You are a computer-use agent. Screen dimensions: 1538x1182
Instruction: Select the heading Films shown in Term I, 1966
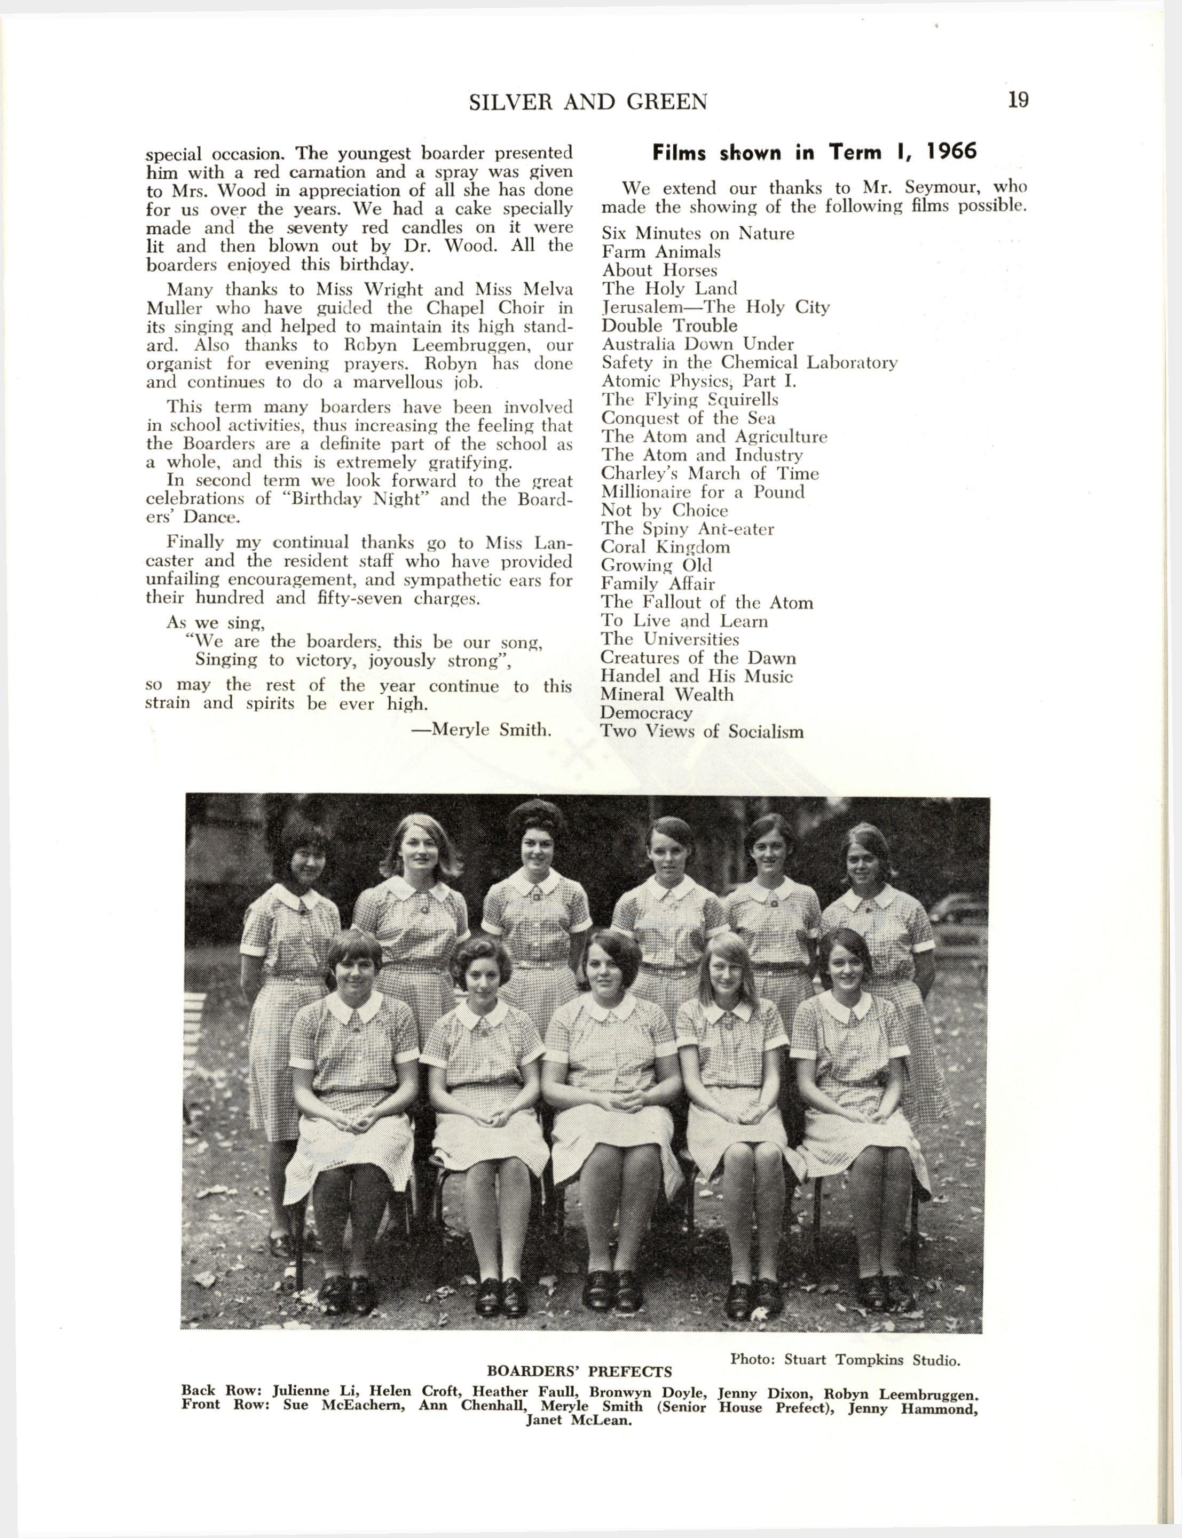[x=814, y=153]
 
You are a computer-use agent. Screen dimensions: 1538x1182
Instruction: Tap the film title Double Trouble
[x=669, y=326]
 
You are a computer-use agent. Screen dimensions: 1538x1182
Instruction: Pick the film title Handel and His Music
[x=697, y=677]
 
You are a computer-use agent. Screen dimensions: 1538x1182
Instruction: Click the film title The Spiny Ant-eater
[x=688, y=529]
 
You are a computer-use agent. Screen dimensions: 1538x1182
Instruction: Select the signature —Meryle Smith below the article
[x=480, y=730]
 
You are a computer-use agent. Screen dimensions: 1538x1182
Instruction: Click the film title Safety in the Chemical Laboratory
[x=750, y=363]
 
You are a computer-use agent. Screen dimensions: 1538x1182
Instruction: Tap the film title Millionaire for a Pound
[x=702, y=492]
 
